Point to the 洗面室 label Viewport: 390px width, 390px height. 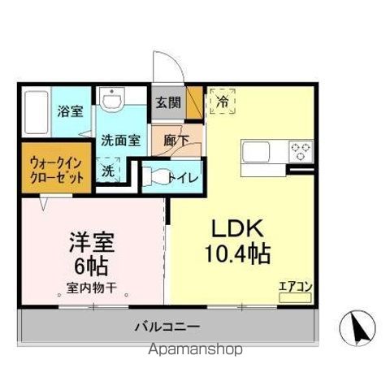120,140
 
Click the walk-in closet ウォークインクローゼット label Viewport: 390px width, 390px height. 54,167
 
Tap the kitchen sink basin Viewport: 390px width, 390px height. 258,152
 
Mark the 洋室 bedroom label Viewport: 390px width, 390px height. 91,241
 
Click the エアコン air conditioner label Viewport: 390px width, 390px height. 294,286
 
